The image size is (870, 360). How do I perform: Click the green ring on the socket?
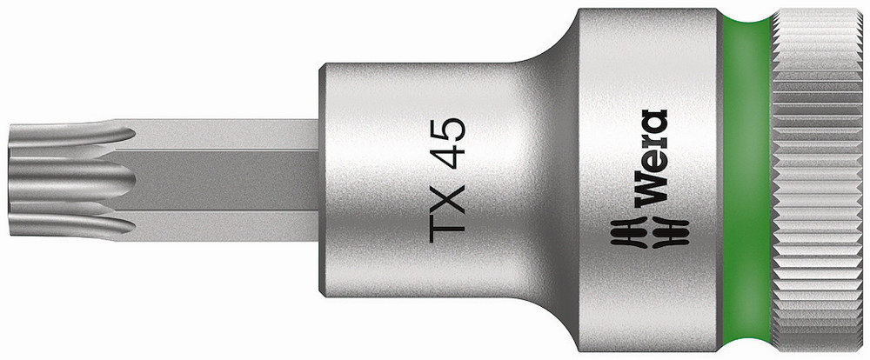tap(746, 178)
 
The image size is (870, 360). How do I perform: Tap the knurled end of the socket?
tap(818, 178)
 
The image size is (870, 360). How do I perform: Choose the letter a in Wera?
tap(652, 121)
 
